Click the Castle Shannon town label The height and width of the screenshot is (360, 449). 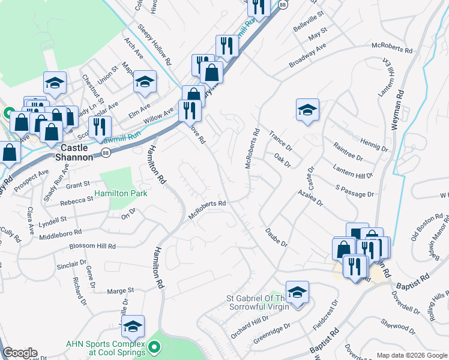(x=76, y=152)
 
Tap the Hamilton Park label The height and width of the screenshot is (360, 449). (x=121, y=193)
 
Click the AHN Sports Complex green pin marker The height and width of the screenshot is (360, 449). (x=154, y=346)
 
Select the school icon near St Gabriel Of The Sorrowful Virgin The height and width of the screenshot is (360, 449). (x=297, y=292)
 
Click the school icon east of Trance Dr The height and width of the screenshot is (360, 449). (x=307, y=110)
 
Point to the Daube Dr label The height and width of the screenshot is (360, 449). (x=276, y=237)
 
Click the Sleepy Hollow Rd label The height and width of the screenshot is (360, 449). (x=155, y=45)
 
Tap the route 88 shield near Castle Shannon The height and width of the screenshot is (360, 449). (x=106, y=154)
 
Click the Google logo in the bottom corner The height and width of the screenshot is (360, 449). (x=20, y=353)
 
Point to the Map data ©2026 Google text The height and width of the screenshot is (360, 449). (x=412, y=355)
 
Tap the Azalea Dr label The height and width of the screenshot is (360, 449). (x=312, y=199)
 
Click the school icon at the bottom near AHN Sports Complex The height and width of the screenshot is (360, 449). (x=133, y=326)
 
